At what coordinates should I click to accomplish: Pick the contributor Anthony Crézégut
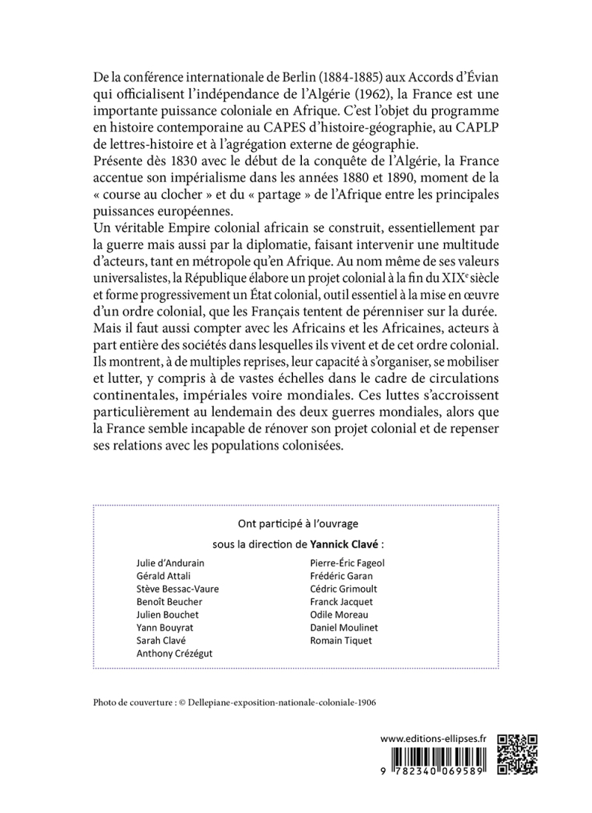click(174, 654)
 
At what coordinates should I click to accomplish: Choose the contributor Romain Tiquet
click(341, 640)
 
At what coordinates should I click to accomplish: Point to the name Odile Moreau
click(340, 615)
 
